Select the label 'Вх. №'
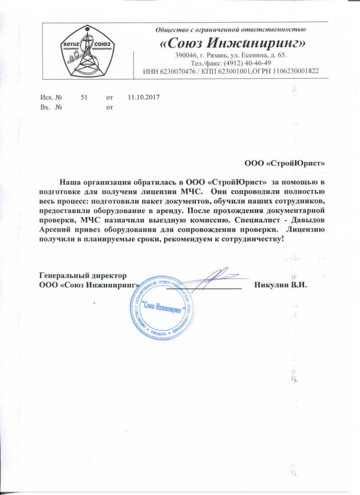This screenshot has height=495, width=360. point(48,108)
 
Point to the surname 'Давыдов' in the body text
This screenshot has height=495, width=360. point(309,220)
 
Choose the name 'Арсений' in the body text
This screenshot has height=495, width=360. point(53,230)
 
